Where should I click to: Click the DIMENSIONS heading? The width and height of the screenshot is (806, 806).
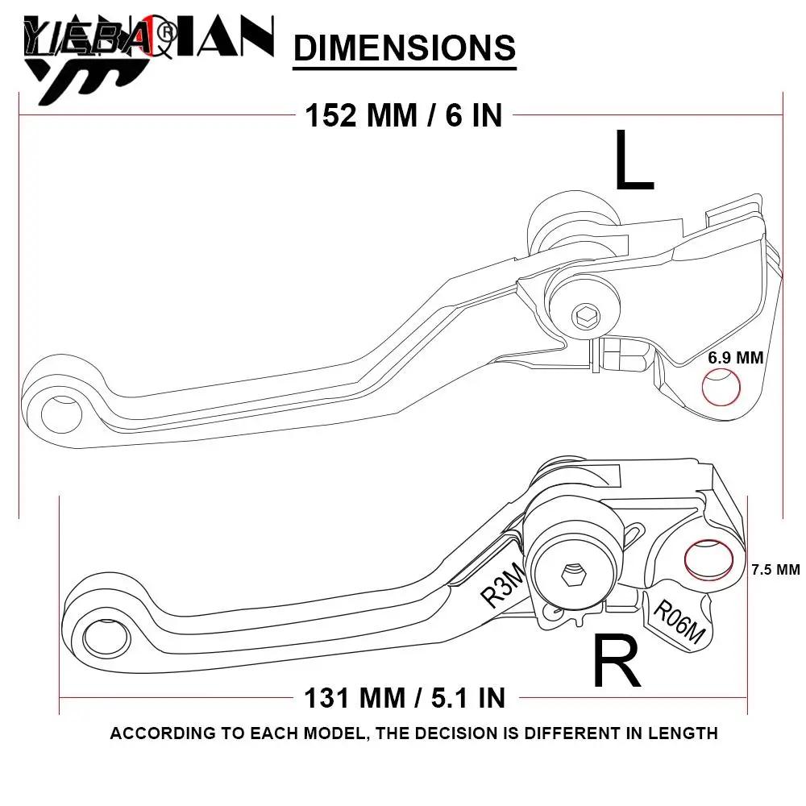405,48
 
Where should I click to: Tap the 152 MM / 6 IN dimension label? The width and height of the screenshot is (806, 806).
403,115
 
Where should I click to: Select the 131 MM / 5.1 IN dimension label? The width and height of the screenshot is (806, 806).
405,696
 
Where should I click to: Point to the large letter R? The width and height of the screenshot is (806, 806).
617,662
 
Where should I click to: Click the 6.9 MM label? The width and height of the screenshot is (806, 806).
735,357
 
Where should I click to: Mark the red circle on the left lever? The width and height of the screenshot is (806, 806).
721,388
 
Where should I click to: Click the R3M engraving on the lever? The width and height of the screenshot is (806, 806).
503,584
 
